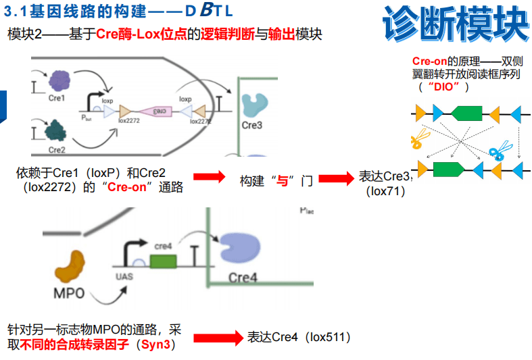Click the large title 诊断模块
point(455,25)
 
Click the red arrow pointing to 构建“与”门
point(209,178)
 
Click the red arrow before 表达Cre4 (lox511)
point(217,337)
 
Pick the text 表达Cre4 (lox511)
point(298,337)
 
